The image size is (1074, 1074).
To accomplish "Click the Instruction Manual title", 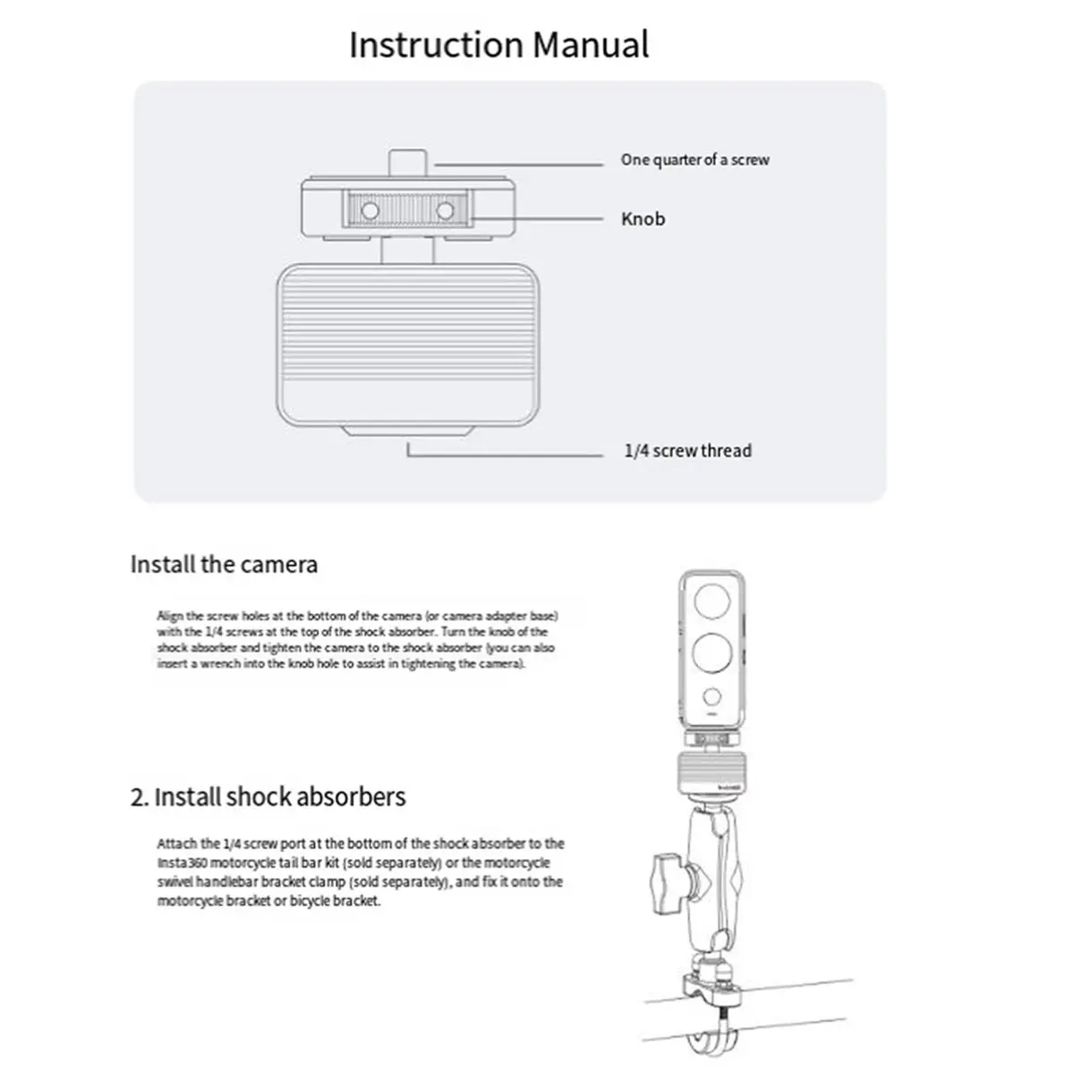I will coord(499,45).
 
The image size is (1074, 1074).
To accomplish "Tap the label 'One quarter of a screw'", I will coord(695,160).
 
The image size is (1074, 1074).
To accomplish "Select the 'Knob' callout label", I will coord(643,219).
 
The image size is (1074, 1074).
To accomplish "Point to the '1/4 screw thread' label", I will coord(687,451).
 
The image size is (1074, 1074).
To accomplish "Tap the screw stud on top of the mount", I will coord(408,166).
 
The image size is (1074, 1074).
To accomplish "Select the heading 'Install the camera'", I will coord(224,565).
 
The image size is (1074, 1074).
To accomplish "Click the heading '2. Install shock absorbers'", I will coord(268,797).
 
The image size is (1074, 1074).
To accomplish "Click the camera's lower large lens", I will coord(712,652).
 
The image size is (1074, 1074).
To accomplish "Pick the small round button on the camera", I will coord(712,696).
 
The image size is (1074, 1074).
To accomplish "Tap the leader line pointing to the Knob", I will coord(537,218).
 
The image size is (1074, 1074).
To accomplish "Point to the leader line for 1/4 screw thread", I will coord(506,456).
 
